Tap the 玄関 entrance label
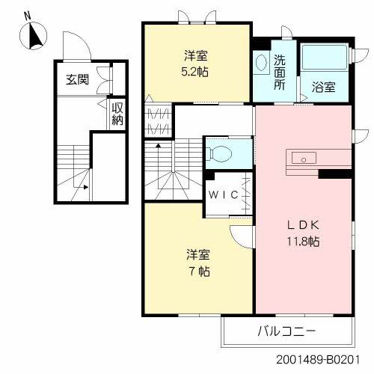[77, 80]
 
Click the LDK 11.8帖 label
[303, 233]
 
